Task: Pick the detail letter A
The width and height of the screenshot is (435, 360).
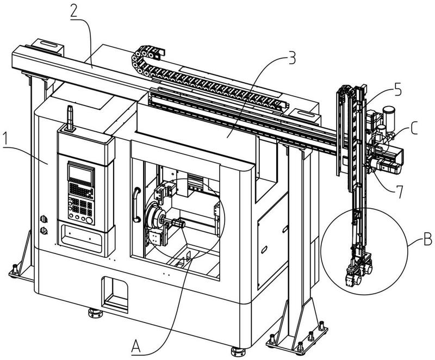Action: (136, 346)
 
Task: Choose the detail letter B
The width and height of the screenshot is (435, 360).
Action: (427, 239)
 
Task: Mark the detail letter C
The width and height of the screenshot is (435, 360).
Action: (414, 128)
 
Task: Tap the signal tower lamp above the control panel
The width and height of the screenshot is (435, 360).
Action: (70, 118)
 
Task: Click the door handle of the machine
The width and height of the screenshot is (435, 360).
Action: (136, 205)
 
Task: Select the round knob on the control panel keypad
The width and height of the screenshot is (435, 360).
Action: (89, 220)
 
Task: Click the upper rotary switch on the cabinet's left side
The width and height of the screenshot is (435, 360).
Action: (43, 219)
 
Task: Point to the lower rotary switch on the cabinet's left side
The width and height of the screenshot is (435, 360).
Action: (43, 231)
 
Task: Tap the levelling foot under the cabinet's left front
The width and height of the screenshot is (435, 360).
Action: (95, 313)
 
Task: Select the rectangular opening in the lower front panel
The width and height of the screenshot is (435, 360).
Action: (115, 294)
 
